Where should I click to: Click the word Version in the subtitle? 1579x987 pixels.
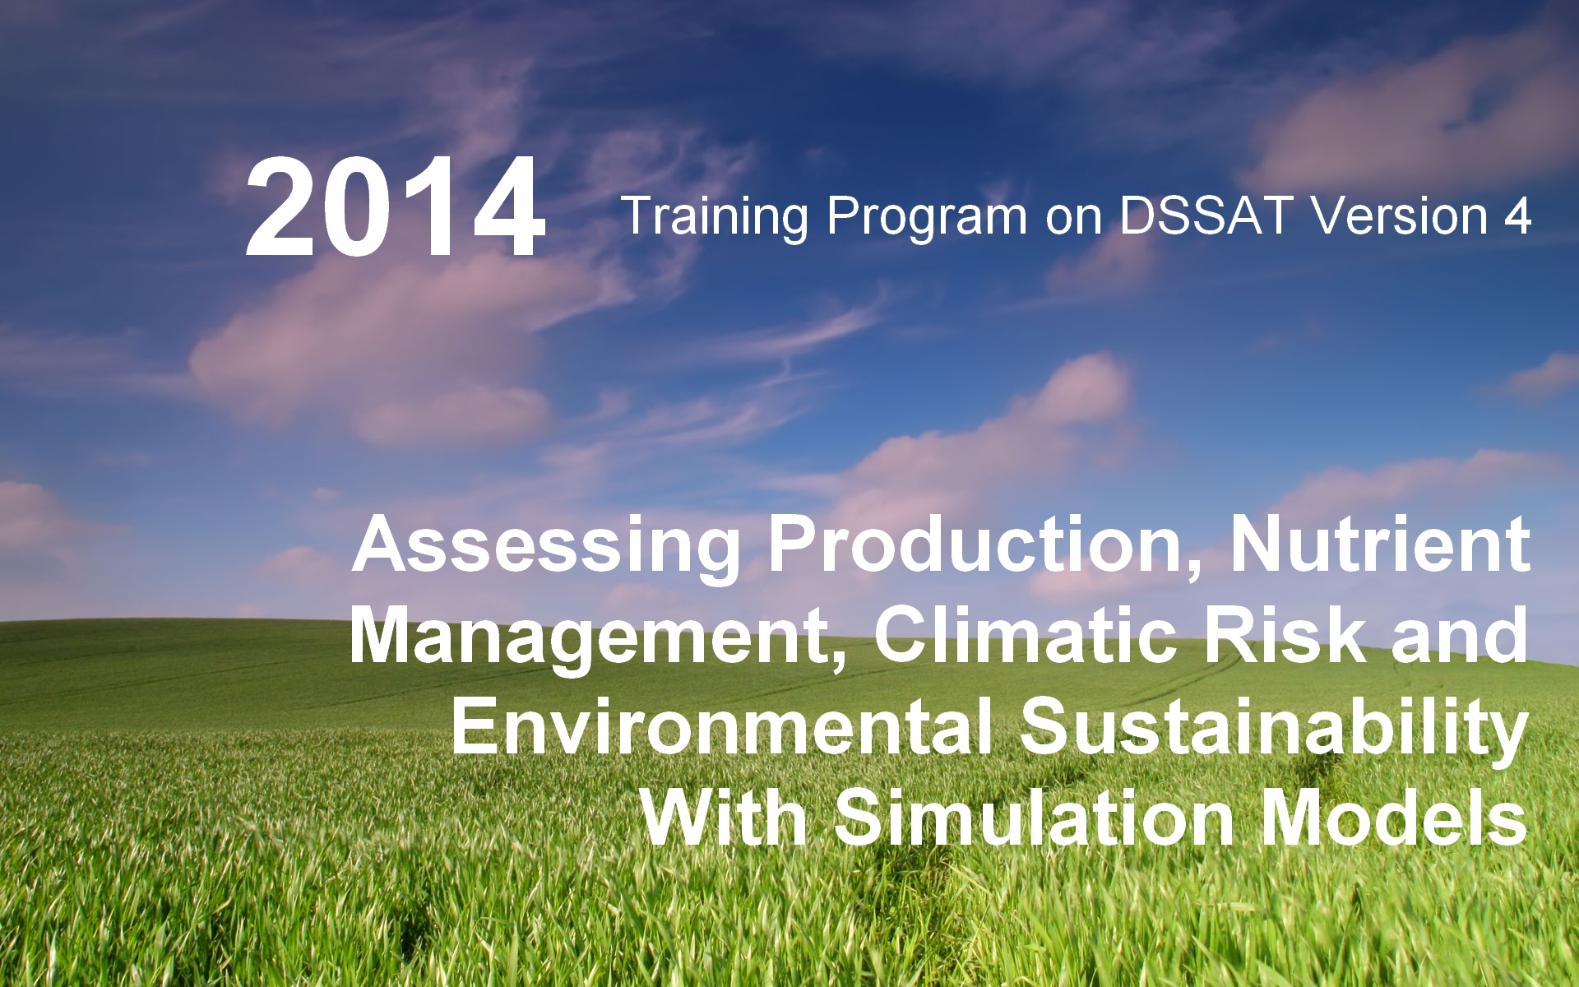1400,216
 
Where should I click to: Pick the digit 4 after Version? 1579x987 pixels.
1517,216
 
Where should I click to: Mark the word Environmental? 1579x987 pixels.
723,726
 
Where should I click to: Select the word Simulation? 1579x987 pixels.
1035,818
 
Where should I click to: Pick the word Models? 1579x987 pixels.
1395,818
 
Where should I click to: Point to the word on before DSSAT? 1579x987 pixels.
1073,221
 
